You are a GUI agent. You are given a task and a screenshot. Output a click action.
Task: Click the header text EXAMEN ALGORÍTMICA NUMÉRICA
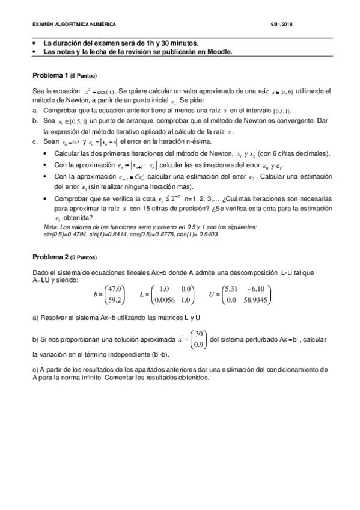click(73, 23)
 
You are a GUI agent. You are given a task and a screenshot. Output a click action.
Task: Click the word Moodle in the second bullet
click(218, 52)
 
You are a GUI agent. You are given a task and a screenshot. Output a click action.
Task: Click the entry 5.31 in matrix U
click(231, 288)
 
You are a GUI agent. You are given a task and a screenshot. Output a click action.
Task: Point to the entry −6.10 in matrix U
click(261, 288)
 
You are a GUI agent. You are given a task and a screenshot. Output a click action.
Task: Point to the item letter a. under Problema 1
click(35, 111)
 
